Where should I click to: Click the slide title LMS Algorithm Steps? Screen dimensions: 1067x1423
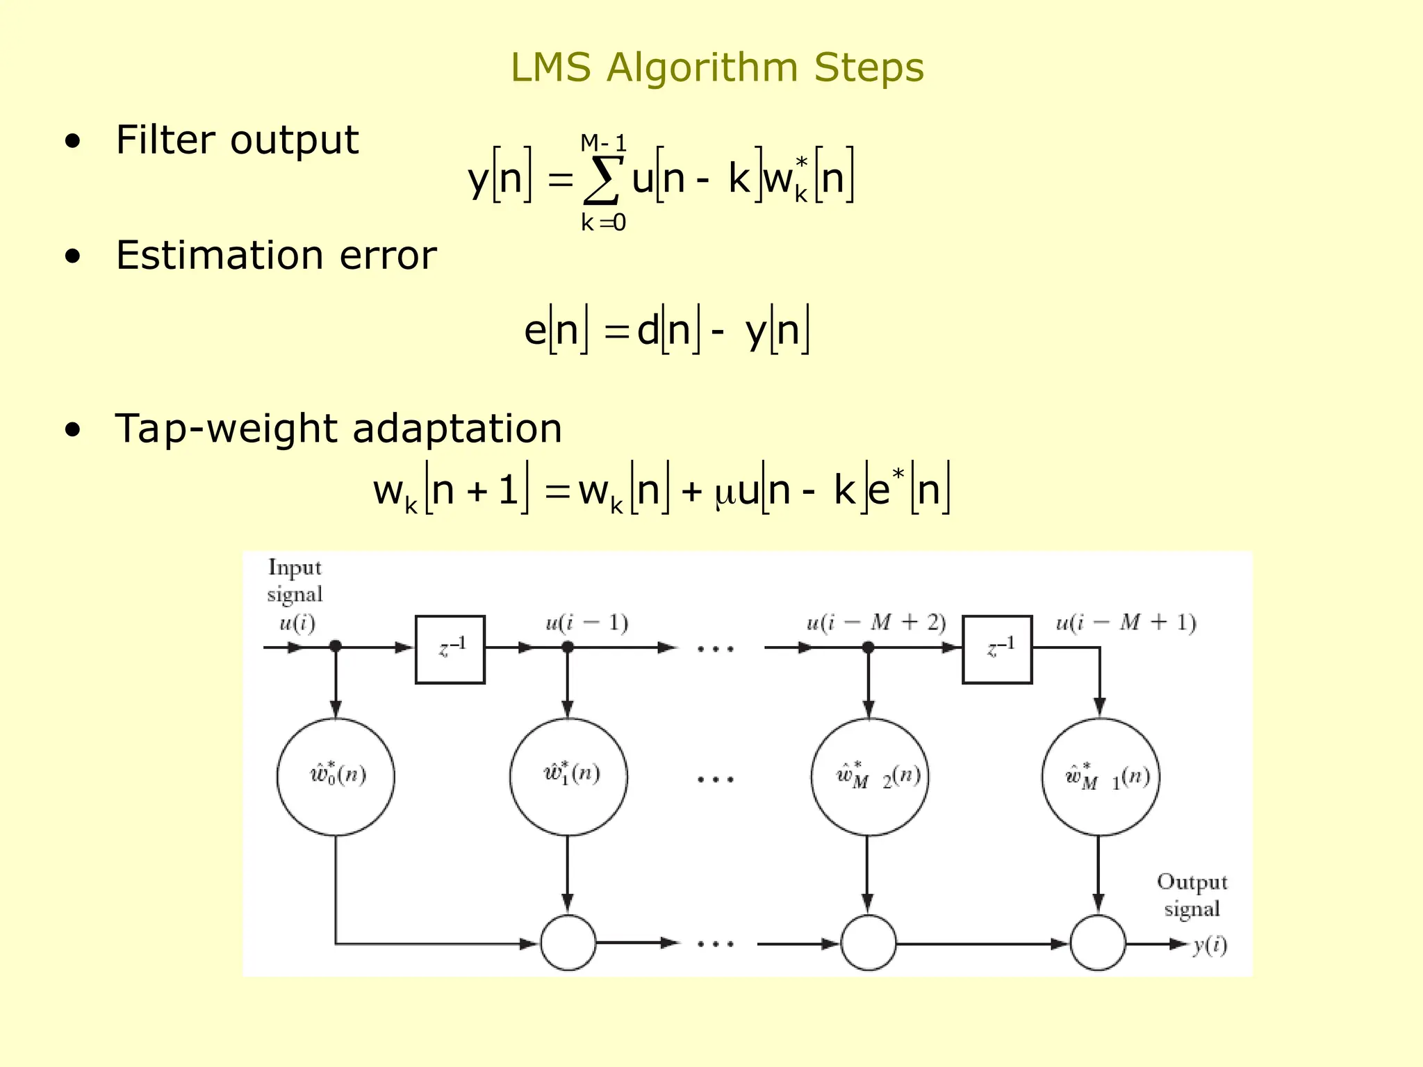click(717, 68)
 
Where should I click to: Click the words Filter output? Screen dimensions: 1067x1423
click(237, 140)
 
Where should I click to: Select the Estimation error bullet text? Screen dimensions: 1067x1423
click(276, 256)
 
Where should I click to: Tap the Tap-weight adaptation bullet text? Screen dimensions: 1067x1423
click(338, 429)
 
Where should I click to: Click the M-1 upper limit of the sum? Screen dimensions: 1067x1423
click(603, 144)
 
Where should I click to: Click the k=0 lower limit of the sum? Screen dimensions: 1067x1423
click(603, 223)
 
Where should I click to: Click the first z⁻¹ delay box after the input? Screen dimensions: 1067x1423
click(450, 650)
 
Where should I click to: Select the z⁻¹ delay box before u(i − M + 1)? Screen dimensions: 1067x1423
click(996, 650)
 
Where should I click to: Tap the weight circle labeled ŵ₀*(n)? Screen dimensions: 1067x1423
click(336, 777)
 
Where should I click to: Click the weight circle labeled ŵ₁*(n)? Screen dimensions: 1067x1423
click(568, 777)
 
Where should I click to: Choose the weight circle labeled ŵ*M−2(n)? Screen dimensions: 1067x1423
click(869, 777)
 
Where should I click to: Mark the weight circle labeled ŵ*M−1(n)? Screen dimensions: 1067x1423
click(1101, 777)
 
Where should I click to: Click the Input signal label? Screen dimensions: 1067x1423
click(295, 581)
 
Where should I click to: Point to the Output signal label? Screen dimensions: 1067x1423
click(1192, 895)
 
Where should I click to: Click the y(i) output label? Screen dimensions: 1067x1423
click(1210, 945)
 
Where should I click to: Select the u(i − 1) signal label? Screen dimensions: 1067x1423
click(586, 623)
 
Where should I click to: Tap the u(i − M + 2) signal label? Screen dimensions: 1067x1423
click(876, 623)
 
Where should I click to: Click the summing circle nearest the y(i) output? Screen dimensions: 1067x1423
click(1098, 943)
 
